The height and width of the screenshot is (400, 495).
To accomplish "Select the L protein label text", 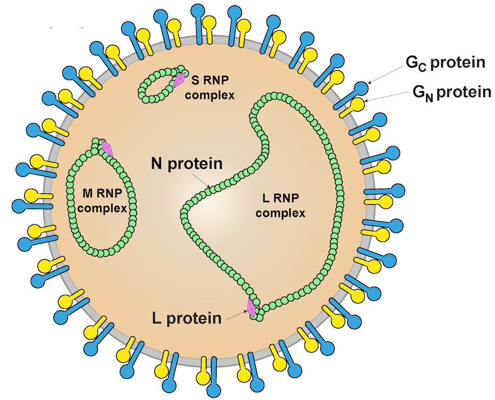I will click(187, 318).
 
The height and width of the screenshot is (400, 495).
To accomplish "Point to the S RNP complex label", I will click(209, 87).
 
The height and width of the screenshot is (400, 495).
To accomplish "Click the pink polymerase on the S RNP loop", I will click(179, 80).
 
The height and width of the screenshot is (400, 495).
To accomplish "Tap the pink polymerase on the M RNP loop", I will click(107, 148).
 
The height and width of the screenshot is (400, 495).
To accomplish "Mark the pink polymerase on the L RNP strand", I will click(251, 307).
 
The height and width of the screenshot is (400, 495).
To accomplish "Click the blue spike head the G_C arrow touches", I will click(361, 88).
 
